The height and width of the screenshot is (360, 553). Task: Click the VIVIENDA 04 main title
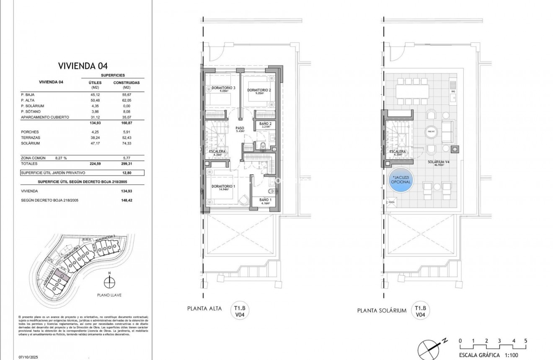83,65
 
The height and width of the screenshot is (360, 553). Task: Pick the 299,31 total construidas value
126,164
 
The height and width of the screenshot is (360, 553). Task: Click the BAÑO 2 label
265,124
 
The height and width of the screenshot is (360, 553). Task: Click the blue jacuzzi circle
401,181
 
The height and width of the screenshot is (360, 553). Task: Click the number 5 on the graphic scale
525,341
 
